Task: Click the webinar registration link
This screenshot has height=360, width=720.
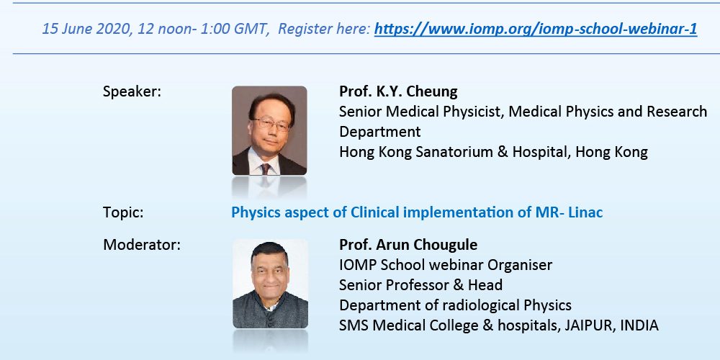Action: pos(536,30)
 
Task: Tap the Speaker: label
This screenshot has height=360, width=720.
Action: pos(132,92)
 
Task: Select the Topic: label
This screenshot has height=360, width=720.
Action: pos(123,212)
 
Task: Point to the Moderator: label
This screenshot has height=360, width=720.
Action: pos(142,245)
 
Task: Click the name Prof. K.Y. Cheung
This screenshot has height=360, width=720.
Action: pos(398,91)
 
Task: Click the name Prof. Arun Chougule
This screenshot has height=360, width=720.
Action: pos(408,245)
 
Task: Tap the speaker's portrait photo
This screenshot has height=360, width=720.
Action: pos(269,130)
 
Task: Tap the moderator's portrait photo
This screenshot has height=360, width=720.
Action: pos(270,284)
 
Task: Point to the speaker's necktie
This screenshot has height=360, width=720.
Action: pos(266,168)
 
